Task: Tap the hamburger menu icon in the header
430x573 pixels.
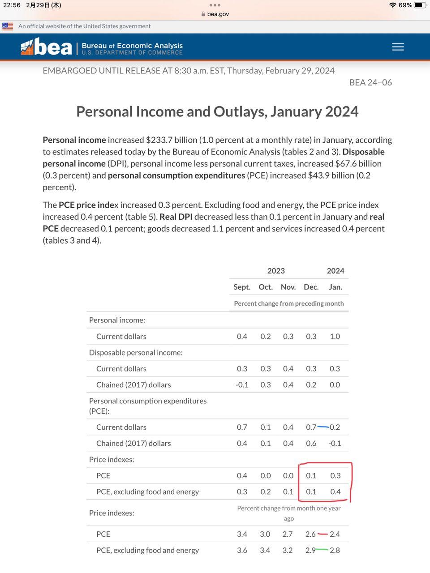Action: tap(398, 47)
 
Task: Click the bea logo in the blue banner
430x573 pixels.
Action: tap(47, 47)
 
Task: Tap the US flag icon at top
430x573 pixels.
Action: tap(8, 26)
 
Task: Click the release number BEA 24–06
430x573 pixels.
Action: tap(370, 82)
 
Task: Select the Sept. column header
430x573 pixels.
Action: tap(242, 287)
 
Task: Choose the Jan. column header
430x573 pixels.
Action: tap(335, 287)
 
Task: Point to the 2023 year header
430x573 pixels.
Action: tap(276, 271)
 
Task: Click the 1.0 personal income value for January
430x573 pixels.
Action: tap(335, 336)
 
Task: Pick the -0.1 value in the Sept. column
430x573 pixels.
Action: tap(242, 385)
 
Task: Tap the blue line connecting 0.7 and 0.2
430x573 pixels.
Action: tap(323, 427)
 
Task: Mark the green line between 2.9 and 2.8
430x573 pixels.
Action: tap(322, 550)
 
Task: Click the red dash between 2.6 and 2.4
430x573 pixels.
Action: tap(322, 534)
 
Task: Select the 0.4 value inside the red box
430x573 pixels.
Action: tap(335, 492)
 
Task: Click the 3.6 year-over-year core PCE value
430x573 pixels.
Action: tap(242, 550)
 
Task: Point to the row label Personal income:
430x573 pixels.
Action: tap(117, 320)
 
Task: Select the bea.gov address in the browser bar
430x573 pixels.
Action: tap(218, 14)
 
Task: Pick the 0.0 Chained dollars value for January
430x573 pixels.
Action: tap(335, 385)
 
